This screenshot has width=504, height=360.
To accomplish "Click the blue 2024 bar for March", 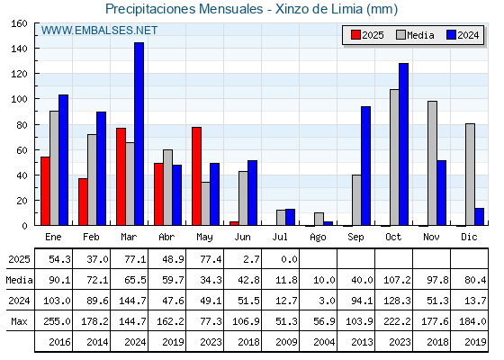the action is pyautogui.click(x=139, y=134).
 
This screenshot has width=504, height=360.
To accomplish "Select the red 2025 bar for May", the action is pyautogui.click(x=197, y=176).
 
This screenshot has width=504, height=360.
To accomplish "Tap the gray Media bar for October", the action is pyautogui.click(x=395, y=157).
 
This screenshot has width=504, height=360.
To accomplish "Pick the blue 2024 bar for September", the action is pyautogui.click(x=365, y=166).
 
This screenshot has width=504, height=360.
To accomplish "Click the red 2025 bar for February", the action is pyautogui.click(x=83, y=202).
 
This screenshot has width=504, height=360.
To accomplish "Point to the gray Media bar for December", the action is pyautogui.click(x=470, y=175).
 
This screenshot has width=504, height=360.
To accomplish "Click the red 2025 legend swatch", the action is pyautogui.click(x=355, y=35).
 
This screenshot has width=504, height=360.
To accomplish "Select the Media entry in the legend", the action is pyautogui.click(x=415, y=35).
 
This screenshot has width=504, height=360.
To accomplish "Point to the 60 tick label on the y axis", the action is pyautogui.click(x=22, y=150).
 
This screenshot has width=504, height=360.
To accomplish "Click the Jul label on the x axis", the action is pyautogui.click(x=280, y=237).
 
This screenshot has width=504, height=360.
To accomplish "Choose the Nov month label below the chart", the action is pyautogui.click(x=431, y=237).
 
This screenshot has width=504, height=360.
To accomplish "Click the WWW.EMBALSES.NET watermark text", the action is pyautogui.click(x=99, y=31).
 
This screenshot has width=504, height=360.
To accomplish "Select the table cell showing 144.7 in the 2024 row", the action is pyautogui.click(x=133, y=301).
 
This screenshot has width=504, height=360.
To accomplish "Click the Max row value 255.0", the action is pyautogui.click(x=57, y=321).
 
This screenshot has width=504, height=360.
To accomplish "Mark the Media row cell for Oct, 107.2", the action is pyautogui.click(x=397, y=280).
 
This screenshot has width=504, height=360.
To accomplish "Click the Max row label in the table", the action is pyautogui.click(x=19, y=321).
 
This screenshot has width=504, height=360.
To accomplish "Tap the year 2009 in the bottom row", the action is pyautogui.click(x=286, y=342).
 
